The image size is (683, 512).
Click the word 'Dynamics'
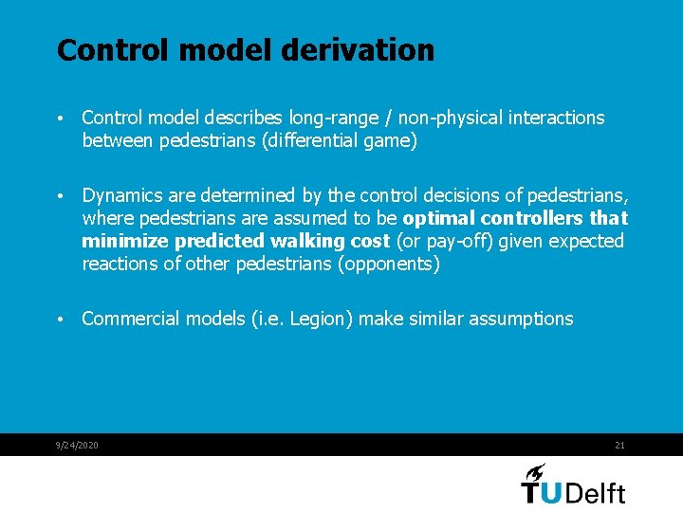[120, 196]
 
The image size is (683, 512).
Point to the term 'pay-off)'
[450, 242]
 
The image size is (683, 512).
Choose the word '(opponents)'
[389, 265]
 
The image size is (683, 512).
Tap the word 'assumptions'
[520, 319]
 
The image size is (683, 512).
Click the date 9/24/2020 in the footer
[77, 446]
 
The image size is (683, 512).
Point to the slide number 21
[619, 446]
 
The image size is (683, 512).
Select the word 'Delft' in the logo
[595, 492]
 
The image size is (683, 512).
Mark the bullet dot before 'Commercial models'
[60, 320]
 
